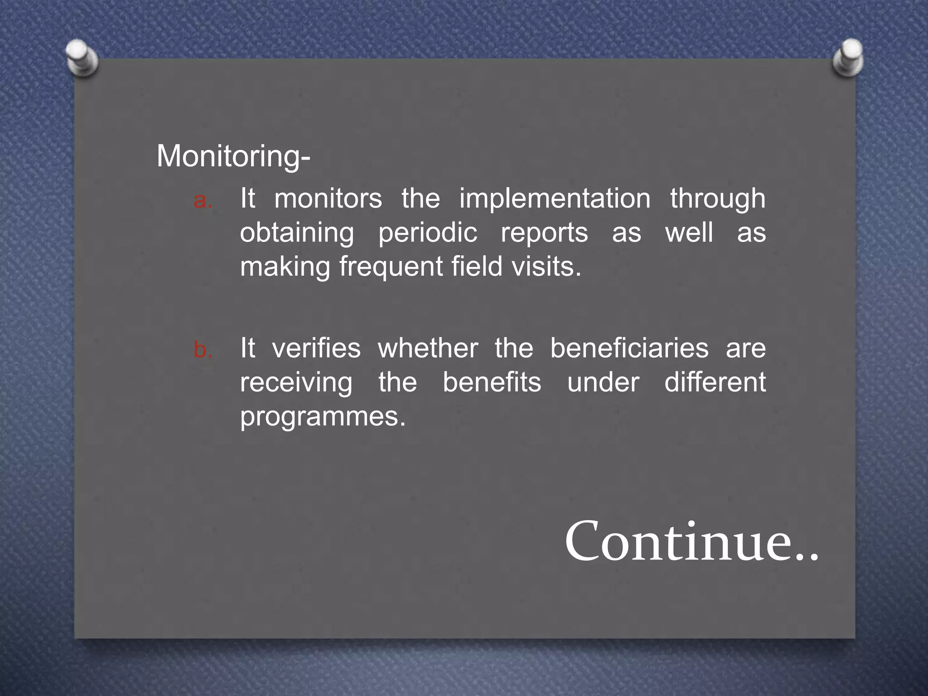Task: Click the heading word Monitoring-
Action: pos(233,156)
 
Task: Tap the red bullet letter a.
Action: pos(203,200)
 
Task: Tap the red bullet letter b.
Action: pos(203,350)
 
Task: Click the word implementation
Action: pos(555,198)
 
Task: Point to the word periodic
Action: pos(428,233)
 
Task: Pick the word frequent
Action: pos(391,267)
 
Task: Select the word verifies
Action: pos(316,348)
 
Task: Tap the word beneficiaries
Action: pos(629,348)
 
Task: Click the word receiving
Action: pos(296,383)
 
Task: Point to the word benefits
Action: pos(492,382)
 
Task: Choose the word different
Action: pos(715,382)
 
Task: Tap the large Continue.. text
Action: pos(691,541)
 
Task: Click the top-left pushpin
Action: pos(82,57)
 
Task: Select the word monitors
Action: pos(328,199)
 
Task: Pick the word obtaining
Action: pos(297,233)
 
